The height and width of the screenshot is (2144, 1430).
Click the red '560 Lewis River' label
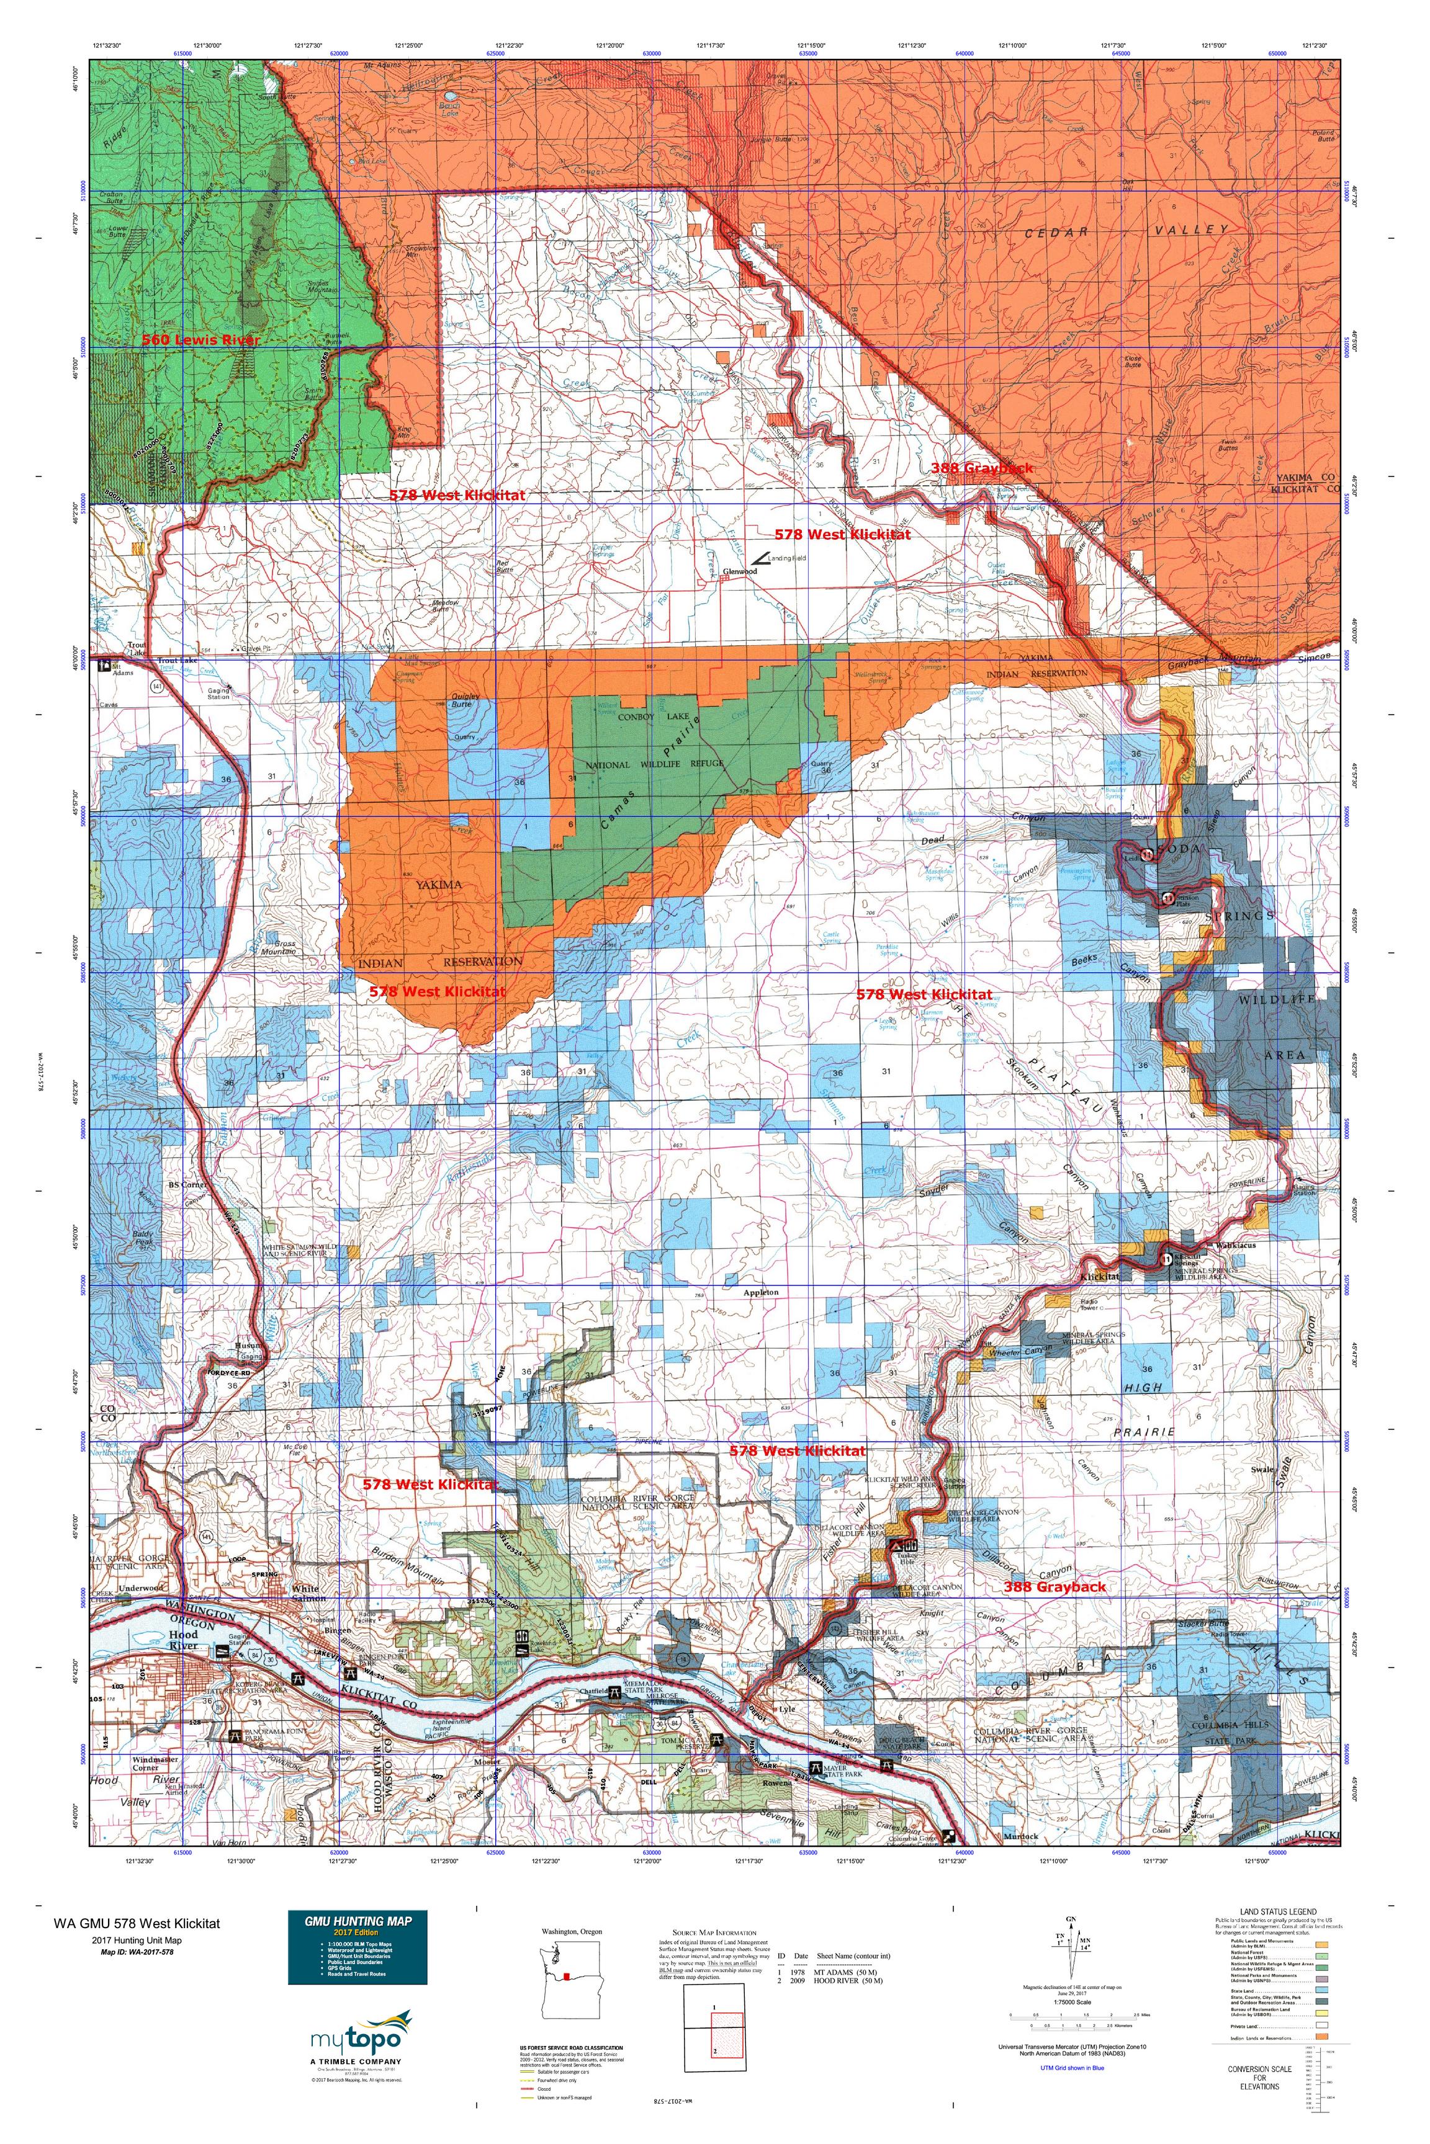200,340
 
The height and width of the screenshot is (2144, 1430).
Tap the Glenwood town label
740,571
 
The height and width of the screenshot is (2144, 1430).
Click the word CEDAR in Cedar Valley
1059,233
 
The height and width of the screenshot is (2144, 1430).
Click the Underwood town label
140,1588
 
